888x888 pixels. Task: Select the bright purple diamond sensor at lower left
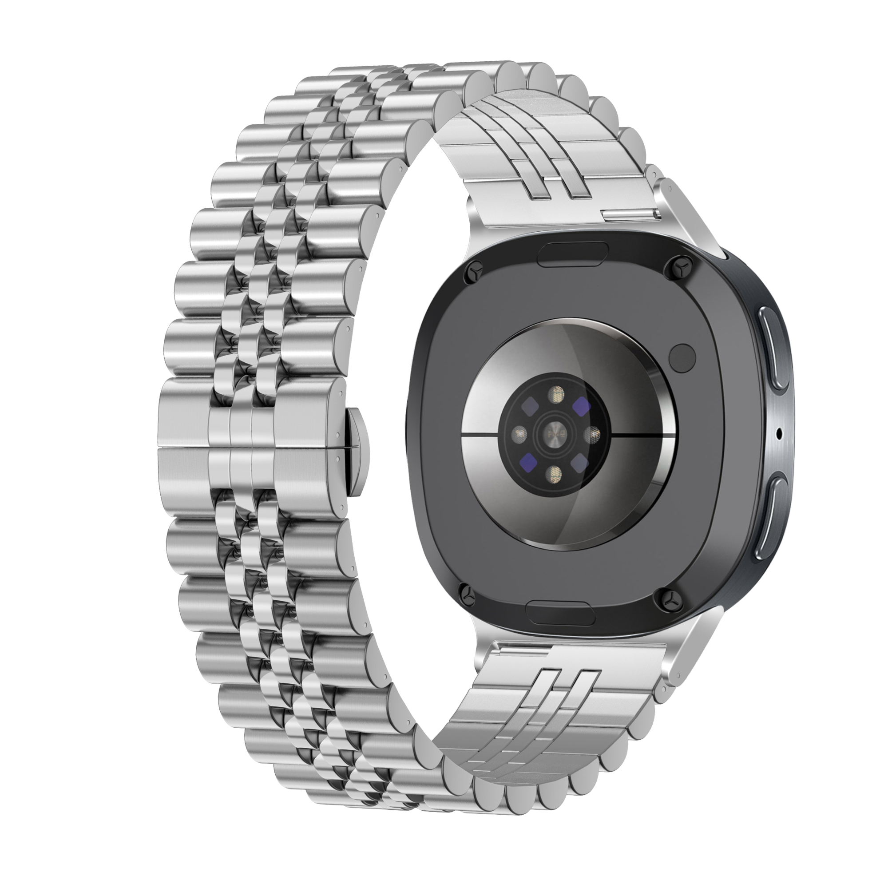[528, 460]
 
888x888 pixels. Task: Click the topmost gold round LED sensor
[558, 393]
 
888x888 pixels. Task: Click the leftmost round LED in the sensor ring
[520, 432]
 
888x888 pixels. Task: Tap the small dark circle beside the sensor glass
[682, 356]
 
